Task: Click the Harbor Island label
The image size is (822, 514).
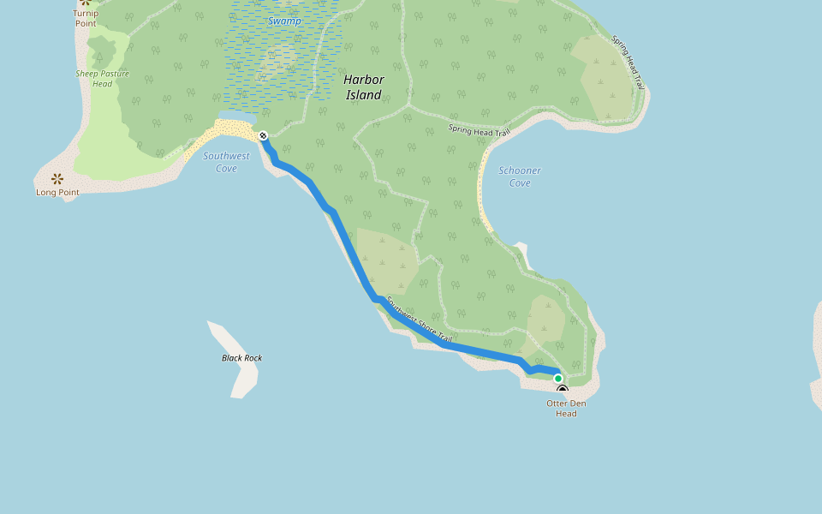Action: pyautogui.click(x=363, y=87)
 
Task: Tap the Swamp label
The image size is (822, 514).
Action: pyautogui.click(x=284, y=21)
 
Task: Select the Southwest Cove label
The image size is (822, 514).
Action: pyautogui.click(x=226, y=162)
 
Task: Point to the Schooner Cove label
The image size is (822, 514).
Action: pyautogui.click(x=519, y=176)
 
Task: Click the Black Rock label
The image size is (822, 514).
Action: pyautogui.click(x=241, y=358)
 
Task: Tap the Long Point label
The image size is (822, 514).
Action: pyautogui.click(x=57, y=193)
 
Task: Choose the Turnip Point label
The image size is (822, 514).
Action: pyautogui.click(x=85, y=18)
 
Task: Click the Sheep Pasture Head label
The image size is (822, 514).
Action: pyautogui.click(x=102, y=79)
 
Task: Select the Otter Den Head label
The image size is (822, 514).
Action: pyautogui.click(x=566, y=408)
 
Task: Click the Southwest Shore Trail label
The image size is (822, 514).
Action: pyautogui.click(x=419, y=321)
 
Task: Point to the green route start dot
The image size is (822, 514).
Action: pyautogui.click(x=558, y=378)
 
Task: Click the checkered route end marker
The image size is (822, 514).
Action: pyautogui.click(x=263, y=135)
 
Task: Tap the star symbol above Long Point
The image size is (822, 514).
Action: pyautogui.click(x=57, y=179)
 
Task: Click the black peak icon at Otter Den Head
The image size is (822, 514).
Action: pyautogui.click(x=563, y=390)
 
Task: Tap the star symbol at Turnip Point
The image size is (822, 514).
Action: pyautogui.click(x=85, y=2)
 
